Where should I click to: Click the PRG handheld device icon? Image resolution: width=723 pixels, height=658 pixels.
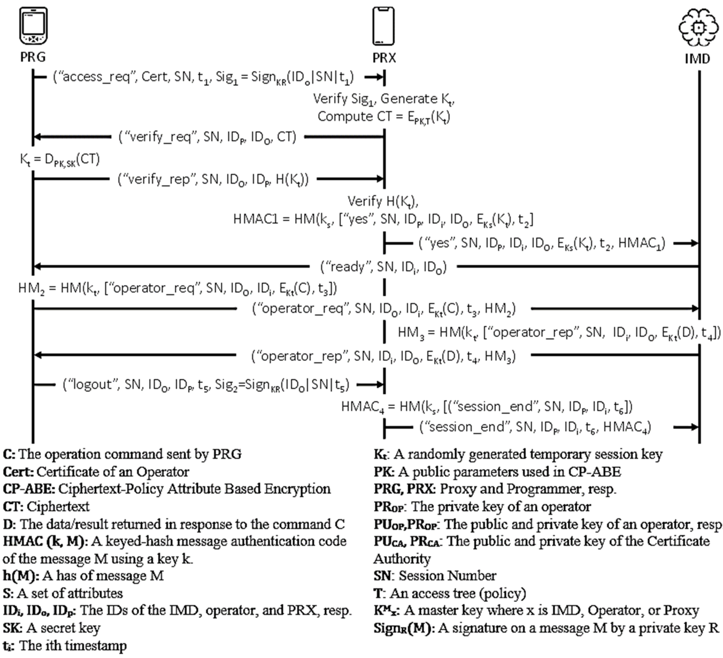pyautogui.click(x=33, y=26)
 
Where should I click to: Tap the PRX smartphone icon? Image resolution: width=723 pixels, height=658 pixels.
pyautogui.click(x=383, y=26)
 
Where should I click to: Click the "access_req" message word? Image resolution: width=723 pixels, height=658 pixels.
pyautogui.click(x=96, y=77)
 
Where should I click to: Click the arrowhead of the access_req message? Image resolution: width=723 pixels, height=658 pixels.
pyautogui.click(x=379, y=77)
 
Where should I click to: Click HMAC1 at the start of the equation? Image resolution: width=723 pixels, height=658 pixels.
pyautogui.click(x=255, y=219)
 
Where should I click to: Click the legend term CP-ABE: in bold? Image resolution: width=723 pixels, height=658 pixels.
pyautogui.click(x=29, y=489)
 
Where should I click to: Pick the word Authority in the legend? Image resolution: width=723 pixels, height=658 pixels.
pyautogui.click(x=402, y=558)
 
